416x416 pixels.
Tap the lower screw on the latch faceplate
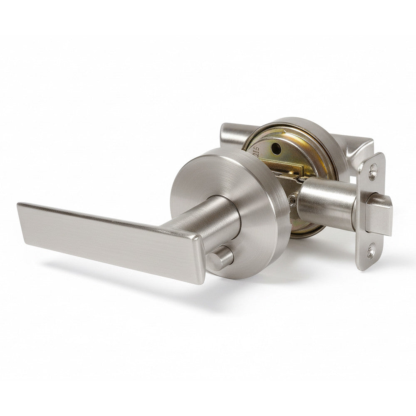[x=370, y=250]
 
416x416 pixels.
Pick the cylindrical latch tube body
[x=324, y=202]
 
